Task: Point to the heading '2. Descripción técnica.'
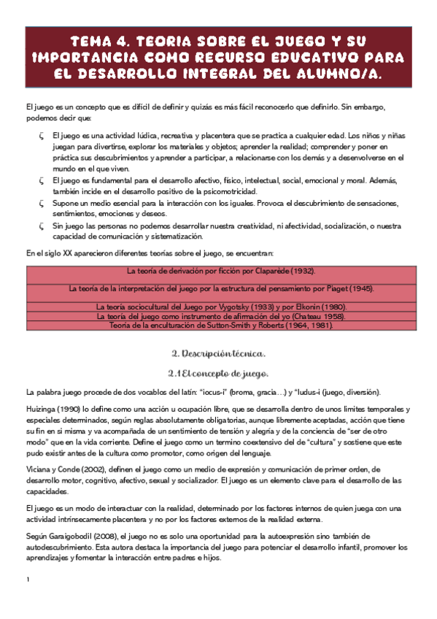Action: [218, 353]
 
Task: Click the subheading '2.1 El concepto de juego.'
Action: [218, 374]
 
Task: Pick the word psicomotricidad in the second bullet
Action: [190, 190]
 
